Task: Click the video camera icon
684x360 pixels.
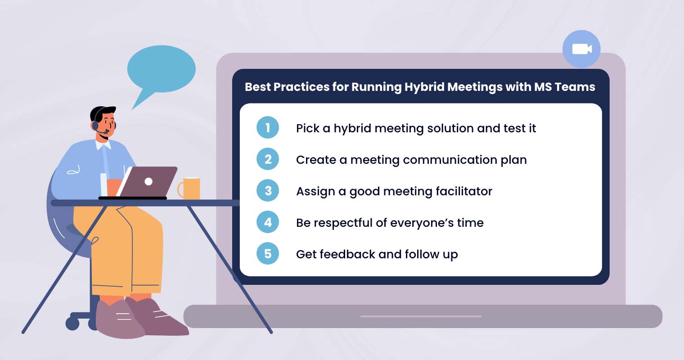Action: (581, 49)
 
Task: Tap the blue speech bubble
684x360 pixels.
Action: (161, 70)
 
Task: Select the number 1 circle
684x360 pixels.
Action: (268, 128)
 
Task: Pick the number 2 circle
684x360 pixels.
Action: (268, 159)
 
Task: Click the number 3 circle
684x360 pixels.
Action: (268, 191)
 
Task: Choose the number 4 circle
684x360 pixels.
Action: (268, 222)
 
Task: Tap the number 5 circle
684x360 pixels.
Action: (268, 254)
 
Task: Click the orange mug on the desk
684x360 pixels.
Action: (191, 188)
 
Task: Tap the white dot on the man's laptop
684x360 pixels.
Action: (148, 181)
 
